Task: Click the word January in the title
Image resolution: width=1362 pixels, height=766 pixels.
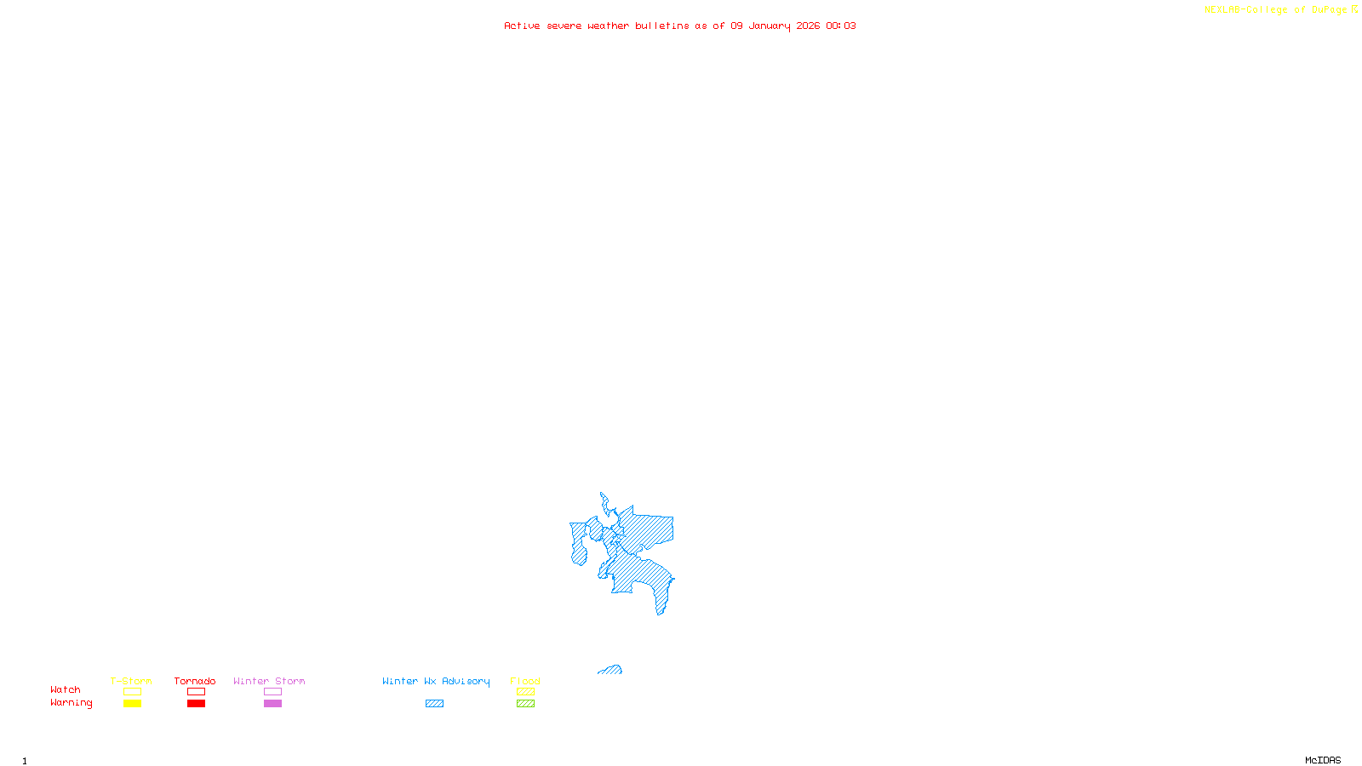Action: [x=769, y=26]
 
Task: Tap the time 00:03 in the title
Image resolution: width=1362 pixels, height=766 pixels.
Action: [x=841, y=26]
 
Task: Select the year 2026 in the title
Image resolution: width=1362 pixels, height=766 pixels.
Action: [x=808, y=26]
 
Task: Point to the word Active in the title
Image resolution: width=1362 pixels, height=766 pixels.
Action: [x=522, y=26]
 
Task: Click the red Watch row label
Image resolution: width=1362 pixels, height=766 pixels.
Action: [x=66, y=690]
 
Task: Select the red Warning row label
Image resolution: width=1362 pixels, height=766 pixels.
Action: [x=71, y=703]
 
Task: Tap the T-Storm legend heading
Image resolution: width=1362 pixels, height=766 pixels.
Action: [x=131, y=681]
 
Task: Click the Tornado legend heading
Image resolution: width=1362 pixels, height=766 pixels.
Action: [x=195, y=681]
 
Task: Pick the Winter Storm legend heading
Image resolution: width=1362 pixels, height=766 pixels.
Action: [x=269, y=681]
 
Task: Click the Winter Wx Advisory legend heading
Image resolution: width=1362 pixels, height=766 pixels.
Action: [x=436, y=681]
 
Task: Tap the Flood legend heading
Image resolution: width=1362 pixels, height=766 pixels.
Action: [x=525, y=681]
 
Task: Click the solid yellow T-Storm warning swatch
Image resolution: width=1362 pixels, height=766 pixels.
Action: [x=132, y=704]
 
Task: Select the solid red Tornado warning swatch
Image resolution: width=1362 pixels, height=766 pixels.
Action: [x=197, y=704]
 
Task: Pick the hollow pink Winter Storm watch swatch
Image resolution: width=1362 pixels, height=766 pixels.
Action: [x=272, y=692]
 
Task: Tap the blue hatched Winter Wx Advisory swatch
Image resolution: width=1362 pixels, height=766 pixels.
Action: [x=434, y=704]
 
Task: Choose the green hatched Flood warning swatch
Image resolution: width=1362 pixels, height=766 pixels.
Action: [x=525, y=704]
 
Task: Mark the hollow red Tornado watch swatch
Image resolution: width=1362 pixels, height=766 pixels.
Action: [x=197, y=692]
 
